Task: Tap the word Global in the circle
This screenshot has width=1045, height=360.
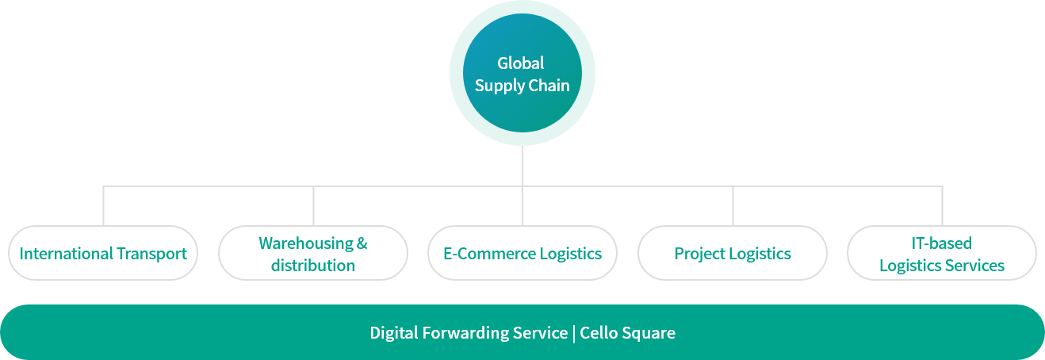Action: [521, 63]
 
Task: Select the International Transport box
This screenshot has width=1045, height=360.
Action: [103, 254]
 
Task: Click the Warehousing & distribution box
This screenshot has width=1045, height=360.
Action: [313, 254]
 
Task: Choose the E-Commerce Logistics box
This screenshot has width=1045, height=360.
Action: [522, 254]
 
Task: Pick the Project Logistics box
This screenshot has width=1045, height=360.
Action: [733, 254]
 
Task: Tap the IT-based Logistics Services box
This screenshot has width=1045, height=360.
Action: [942, 254]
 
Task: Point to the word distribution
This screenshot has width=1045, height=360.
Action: [313, 266]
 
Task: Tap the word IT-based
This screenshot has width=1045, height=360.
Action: [942, 243]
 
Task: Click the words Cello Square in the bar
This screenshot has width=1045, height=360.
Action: [628, 333]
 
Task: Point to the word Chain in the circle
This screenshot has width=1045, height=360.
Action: [549, 86]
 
